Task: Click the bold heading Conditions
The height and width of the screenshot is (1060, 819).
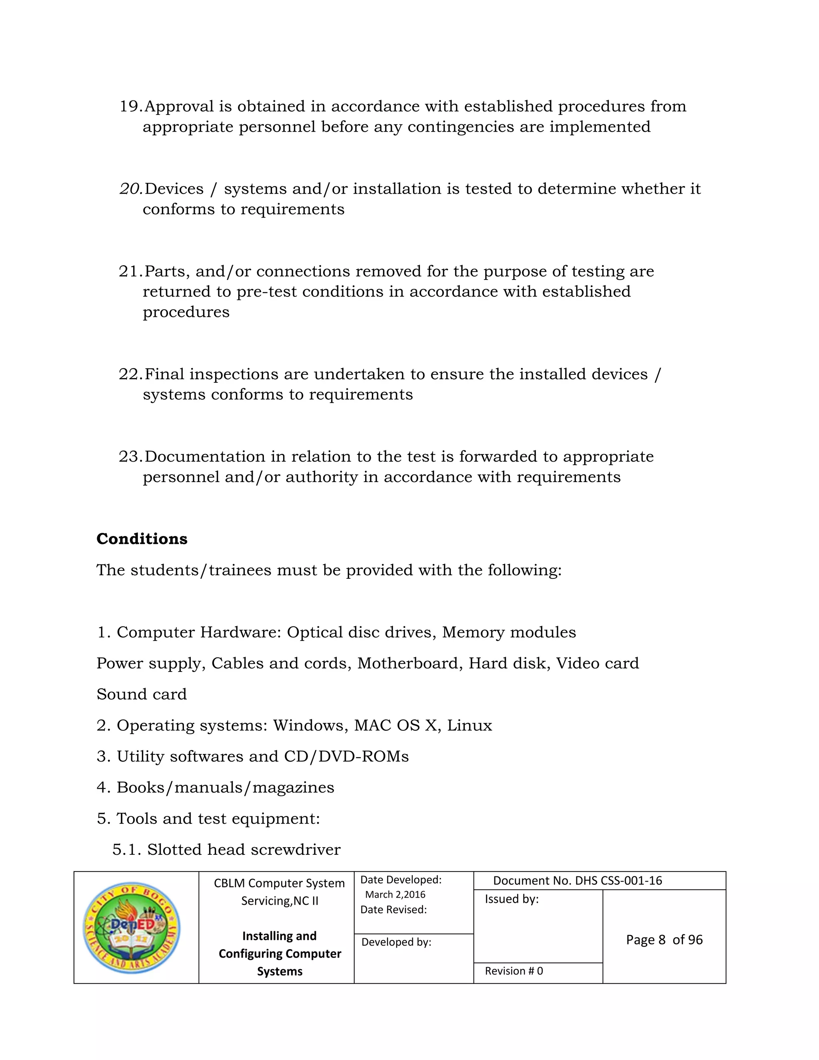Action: coord(142,539)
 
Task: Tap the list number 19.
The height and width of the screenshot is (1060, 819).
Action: coord(130,106)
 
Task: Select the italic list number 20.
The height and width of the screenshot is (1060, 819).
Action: coord(130,189)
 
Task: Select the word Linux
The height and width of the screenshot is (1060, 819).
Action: coord(469,725)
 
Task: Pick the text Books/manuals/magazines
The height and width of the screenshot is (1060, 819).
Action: coord(225,787)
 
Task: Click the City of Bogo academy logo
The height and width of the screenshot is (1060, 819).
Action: coord(132,928)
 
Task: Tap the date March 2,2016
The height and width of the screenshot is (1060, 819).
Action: coord(395,894)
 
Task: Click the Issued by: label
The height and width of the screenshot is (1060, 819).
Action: coord(511,899)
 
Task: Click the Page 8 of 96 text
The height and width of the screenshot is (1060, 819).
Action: coord(664,940)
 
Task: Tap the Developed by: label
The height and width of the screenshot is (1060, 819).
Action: coord(396,942)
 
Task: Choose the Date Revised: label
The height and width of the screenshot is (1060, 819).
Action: coord(393,910)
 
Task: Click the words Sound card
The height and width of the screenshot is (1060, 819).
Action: coord(141,694)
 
